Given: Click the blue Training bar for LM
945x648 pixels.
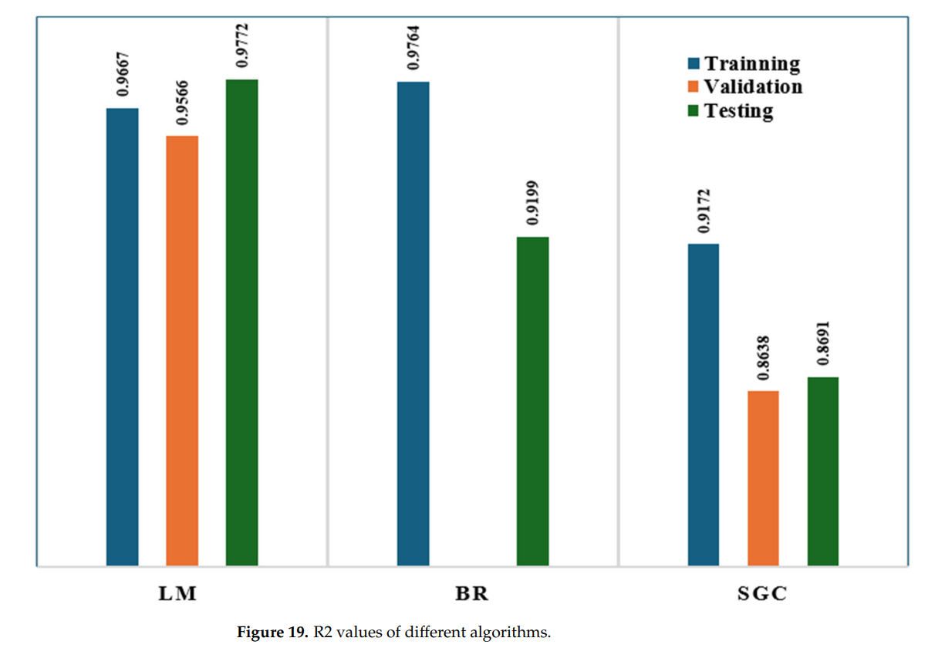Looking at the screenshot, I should pos(123,337).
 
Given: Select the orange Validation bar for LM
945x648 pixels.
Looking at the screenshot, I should pos(182,351).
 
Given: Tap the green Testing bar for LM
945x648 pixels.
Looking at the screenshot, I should pos(241,322).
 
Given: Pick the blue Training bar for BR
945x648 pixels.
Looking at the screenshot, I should pos(413,324).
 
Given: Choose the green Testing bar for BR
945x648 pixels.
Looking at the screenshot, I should pos(532,401).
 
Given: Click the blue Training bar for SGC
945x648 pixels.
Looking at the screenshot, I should pos(703,405).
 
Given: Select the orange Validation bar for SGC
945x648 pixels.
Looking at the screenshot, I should pos(763,478).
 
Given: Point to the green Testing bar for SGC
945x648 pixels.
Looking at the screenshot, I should pos(822,471).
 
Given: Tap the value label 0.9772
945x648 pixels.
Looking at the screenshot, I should pos(241,47).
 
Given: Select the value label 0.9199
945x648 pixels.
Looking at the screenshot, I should pos(532,204).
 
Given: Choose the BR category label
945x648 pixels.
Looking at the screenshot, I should pos(472,595).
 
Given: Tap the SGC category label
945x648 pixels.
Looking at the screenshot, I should pos(763,595).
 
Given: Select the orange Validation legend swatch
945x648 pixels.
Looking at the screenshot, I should pos(693,87).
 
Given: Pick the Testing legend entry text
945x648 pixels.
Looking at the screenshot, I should pos(738,110).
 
